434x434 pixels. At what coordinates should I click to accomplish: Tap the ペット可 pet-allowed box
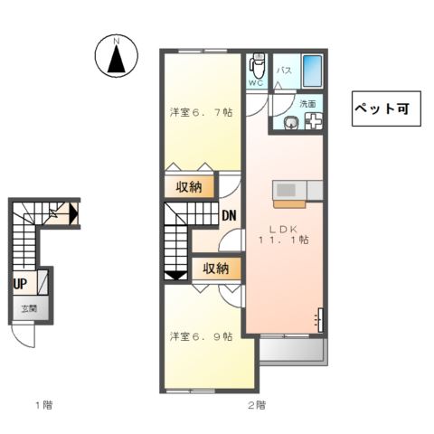(x=380, y=108)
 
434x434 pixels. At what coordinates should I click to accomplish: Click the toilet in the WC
(x=257, y=66)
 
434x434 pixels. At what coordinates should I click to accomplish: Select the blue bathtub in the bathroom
(x=312, y=71)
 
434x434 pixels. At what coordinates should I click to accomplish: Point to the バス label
(x=282, y=71)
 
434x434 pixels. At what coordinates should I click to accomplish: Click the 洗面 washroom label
(x=308, y=104)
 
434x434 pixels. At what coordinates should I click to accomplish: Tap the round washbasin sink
(x=291, y=123)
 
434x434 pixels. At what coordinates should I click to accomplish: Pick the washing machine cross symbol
(x=313, y=123)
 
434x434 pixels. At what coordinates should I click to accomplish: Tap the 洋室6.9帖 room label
(x=202, y=336)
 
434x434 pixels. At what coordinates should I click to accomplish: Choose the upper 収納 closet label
(x=190, y=187)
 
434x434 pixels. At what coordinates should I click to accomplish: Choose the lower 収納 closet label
(x=216, y=269)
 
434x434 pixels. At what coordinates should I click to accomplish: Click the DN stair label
(x=229, y=215)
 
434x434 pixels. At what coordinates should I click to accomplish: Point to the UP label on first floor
(x=19, y=282)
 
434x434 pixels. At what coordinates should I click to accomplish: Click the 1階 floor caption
(x=43, y=404)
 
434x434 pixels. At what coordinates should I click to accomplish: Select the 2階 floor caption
(x=256, y=404)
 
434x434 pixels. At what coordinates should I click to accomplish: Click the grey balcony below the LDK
(x=291, y=352)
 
